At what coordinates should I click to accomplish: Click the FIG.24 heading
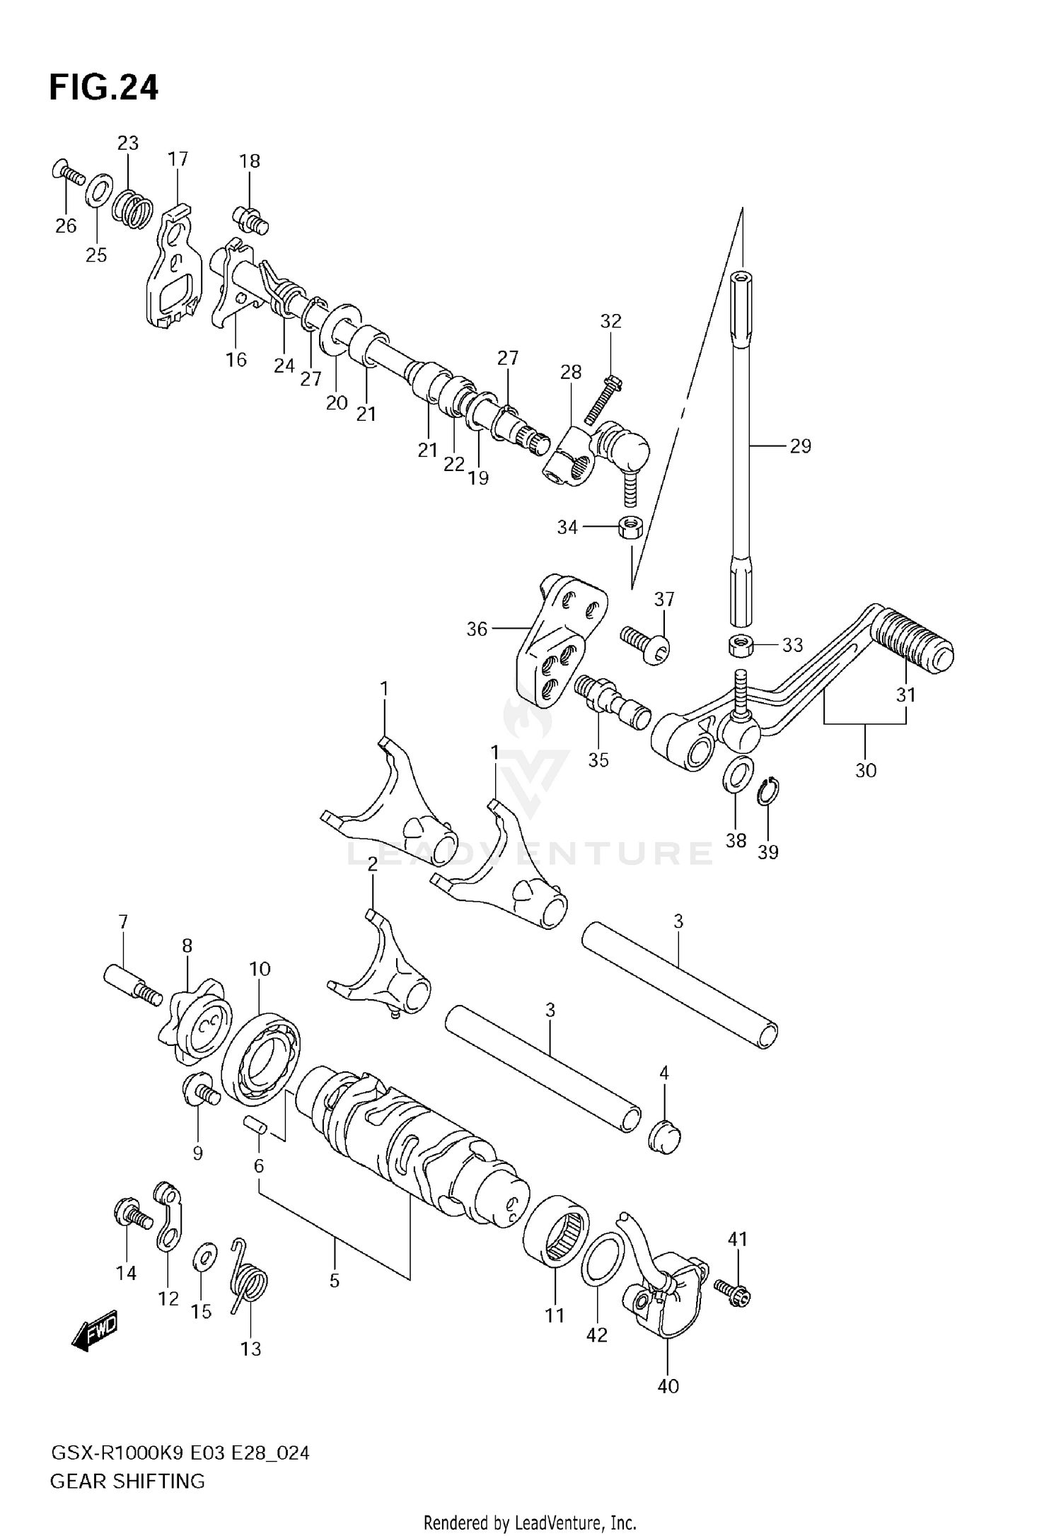(103, 88)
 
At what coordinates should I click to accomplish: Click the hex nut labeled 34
(629, 527)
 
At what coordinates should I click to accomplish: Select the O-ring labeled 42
(603, 1257)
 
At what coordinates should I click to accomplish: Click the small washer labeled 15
(205, 1256)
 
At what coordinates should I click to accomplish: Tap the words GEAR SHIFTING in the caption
(127, 1481)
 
